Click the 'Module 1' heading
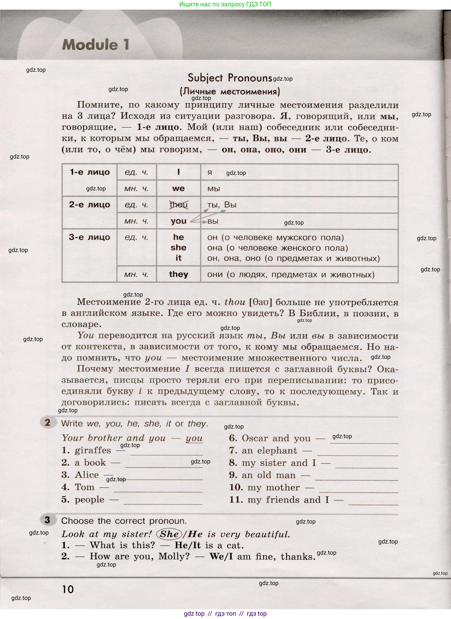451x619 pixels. point(95,45)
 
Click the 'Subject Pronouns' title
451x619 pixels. point(230,78)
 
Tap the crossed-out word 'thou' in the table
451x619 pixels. point(179,205)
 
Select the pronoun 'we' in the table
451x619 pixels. point(179,188)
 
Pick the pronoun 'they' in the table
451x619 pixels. point(179,274)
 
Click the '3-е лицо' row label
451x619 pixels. point(90,237)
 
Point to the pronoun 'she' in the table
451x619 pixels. point(179,248)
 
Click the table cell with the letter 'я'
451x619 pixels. point(210,172)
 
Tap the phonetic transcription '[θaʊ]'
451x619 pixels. point(261,302)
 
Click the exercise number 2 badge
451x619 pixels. point(47,423)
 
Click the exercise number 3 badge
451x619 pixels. point(47,520)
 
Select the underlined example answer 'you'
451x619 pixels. point(194,438)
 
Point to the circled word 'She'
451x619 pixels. point(169,534)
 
